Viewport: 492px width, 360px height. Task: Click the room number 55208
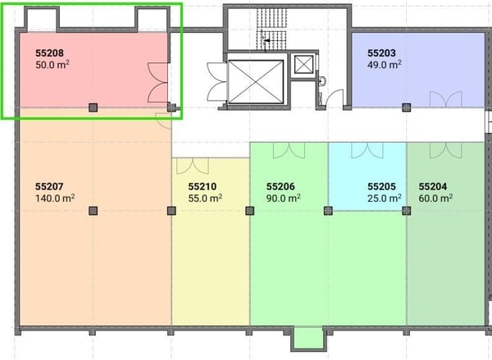(x=49, y=53)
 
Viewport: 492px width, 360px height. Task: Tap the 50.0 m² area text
(x=52, y=65)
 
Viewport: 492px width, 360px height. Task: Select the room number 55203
(x=381, y=53)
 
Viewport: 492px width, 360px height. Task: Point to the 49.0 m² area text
(x=385, y=65)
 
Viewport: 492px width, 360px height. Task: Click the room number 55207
(x=49, y=186)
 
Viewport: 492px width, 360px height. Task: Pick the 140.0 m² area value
(x=55, y=198)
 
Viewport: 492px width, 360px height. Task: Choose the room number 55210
(x=203, y=186)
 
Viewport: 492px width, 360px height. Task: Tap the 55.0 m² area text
(x=205, y=198)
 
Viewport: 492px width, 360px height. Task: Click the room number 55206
(x=280, y=186)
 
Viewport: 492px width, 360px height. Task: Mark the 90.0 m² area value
(x=284, y=198)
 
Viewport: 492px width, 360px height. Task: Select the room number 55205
(x=381, y=186)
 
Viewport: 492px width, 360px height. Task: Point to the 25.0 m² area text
(x=385, y=198)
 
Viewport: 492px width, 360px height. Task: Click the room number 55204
(x=433, y=186)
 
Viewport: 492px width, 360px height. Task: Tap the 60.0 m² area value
(x=435, y=198)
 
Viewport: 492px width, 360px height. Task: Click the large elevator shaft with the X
(x=256, y=82)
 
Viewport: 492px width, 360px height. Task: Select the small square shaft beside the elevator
(x=303, y=64)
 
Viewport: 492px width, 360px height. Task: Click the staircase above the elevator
(x=271, y=30)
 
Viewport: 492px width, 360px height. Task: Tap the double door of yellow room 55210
(x=193, y=166)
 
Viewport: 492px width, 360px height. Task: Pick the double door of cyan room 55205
(x=367, y=150)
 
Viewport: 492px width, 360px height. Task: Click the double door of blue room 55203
(x=446, y=99)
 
